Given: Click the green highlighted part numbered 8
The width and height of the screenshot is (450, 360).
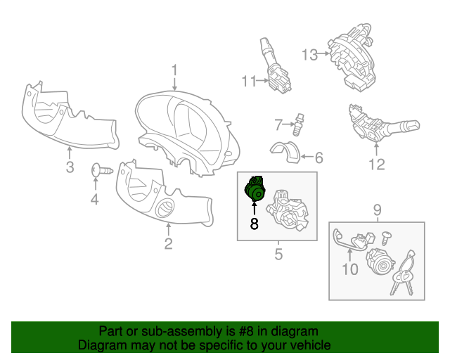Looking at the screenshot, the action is point(254,189).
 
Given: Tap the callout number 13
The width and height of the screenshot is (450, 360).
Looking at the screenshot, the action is point(309,55).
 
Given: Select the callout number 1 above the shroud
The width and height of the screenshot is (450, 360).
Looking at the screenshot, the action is point(174,71).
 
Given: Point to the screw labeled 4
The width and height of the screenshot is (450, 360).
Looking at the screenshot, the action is point(102,171).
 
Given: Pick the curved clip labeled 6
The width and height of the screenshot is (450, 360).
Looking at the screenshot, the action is point(285,151).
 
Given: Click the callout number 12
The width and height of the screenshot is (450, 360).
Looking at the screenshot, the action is point(377,165).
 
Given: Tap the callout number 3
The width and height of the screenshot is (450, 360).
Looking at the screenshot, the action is point(70,167).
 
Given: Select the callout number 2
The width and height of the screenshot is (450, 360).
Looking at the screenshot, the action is point(169,244).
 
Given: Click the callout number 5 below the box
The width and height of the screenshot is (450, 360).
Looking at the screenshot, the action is point(278,254).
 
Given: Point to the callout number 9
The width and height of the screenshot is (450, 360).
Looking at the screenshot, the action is point(378,210).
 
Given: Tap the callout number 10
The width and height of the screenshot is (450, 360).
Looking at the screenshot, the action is point(350,269).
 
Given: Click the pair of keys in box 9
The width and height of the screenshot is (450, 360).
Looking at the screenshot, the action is point(403,274).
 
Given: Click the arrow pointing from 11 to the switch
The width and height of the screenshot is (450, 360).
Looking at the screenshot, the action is point(262,81).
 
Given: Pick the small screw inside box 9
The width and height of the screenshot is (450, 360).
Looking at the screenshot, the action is point(386,238).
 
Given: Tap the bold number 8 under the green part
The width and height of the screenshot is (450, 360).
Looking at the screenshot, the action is point(255,224).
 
